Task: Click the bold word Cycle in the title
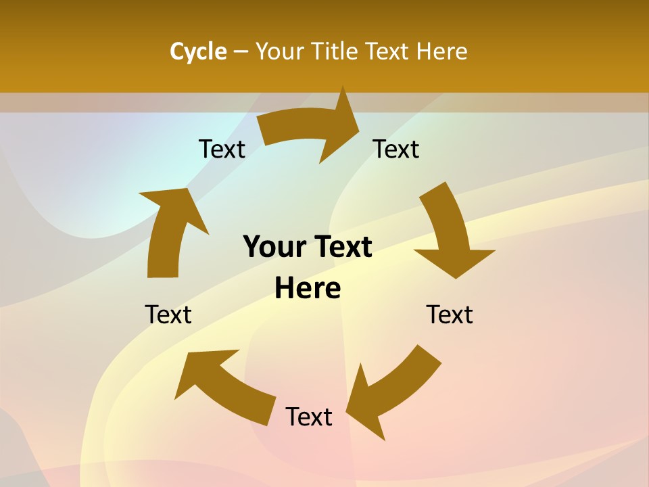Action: pos(198,51)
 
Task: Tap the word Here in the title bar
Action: pos(441,51)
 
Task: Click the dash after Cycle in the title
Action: pos(241,51)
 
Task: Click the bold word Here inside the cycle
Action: pos(308,288)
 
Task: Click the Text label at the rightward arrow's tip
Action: pos(396,149)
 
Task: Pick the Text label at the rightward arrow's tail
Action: pos(222,149)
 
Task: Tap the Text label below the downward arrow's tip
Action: pos(450,315)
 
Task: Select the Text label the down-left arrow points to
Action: pos(309,417)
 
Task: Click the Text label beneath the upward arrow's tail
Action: pos(168,315)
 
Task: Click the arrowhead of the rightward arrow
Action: pos(341,125)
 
